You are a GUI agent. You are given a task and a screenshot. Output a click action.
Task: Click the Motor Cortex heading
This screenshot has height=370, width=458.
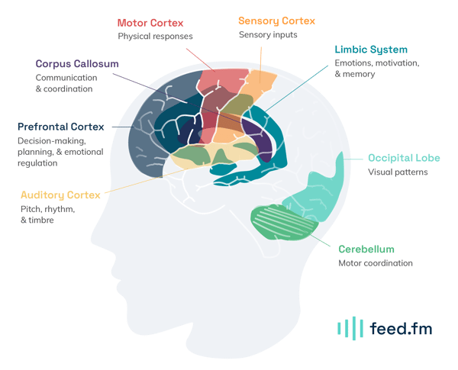150,23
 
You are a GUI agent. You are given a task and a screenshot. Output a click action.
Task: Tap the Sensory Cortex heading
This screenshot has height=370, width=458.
276,21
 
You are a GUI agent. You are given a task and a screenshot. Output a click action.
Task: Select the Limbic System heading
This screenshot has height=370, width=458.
371,50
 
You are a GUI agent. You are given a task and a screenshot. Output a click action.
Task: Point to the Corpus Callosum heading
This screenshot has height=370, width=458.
77,63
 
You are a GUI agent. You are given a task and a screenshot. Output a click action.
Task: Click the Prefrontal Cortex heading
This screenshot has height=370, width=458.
61,127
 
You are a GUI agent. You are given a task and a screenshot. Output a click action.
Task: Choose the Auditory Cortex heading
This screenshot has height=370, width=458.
60,195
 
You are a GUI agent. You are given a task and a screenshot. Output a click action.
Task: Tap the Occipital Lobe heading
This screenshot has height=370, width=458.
404,158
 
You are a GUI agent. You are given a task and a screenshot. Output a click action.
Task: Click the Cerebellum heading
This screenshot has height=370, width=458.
366,249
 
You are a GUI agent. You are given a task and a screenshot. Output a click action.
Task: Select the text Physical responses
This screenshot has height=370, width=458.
155,36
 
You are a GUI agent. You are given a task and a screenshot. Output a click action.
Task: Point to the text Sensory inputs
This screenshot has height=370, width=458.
268,35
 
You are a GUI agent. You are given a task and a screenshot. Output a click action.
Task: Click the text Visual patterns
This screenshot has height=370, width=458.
398,172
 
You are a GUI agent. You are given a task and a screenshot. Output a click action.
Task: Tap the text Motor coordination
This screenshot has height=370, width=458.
376,263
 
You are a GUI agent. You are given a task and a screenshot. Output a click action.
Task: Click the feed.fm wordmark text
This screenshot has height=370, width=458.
401,328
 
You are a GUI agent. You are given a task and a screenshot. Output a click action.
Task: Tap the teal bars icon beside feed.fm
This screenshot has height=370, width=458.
350,328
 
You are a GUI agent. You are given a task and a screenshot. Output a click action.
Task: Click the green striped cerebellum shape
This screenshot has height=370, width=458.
284,223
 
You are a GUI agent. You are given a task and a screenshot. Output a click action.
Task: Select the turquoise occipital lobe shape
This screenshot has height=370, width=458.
315,190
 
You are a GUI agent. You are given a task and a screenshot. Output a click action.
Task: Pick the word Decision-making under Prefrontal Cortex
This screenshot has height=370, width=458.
52,141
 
